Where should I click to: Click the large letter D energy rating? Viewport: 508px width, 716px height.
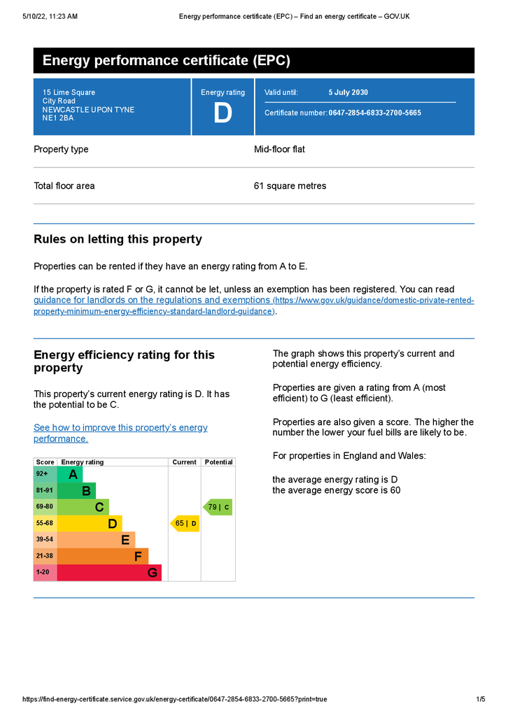[223, 113]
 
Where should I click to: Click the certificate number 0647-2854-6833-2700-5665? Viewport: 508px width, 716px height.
[374, 113]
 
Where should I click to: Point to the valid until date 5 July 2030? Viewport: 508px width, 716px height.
[348, 92]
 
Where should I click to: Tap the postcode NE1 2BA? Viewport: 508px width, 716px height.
[58, 118]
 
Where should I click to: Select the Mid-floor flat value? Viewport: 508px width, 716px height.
[279, 150]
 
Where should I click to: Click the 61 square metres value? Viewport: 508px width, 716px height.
[290, 186]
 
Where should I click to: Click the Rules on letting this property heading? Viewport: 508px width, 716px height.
[118, 239]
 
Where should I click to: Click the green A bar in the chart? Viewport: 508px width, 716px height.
[70, 475]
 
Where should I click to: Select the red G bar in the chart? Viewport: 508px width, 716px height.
[109, 573]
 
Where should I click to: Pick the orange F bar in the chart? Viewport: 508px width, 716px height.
[102, 557]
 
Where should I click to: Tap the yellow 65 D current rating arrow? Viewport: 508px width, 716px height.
[185, 523]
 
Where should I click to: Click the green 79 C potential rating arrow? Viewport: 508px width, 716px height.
[218, 507]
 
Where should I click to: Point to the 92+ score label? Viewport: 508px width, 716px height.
[42, 474]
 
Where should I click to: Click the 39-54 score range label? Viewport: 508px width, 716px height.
[44, 540]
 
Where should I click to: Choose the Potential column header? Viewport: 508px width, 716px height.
[218, 462]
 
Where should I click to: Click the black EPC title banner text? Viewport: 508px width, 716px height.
[166, 61]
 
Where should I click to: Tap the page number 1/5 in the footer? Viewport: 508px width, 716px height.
[481, 699]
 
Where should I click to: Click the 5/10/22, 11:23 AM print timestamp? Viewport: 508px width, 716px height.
[50, 16]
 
